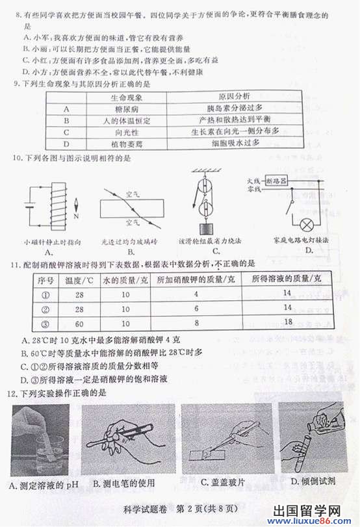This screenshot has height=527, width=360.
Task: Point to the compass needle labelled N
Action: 76,208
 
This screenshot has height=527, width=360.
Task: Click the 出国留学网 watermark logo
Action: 318,510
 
